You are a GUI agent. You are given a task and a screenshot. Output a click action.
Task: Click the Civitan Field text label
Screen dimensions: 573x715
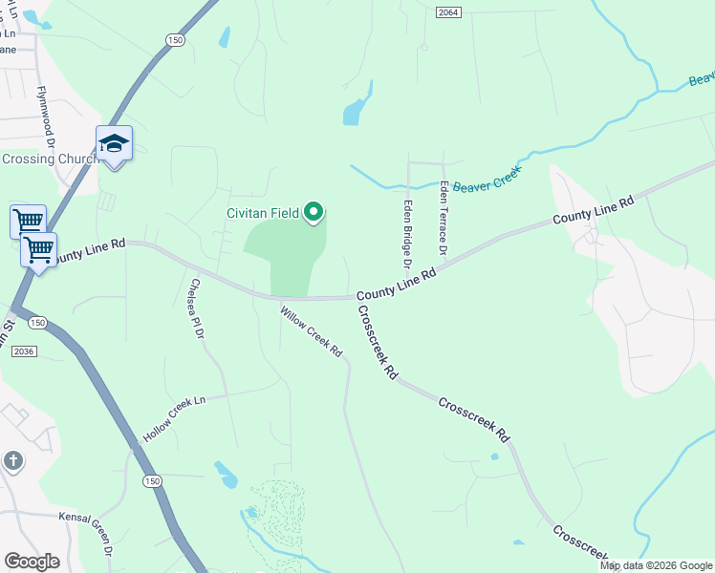(263, 213)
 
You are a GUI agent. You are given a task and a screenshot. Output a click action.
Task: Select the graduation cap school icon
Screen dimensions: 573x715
(114, 144)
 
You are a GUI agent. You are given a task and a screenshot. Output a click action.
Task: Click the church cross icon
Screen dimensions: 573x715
(12, 461)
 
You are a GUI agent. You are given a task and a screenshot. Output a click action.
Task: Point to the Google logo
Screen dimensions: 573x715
(32, 562)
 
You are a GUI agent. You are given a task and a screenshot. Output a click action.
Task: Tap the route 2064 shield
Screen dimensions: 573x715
(447, 11)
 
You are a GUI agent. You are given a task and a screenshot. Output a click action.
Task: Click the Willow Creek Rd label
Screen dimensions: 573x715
(311, 331)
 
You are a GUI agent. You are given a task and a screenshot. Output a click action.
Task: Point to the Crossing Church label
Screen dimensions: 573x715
(48, 159)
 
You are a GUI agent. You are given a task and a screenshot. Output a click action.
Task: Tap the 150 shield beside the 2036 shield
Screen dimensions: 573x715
(37, 324)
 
